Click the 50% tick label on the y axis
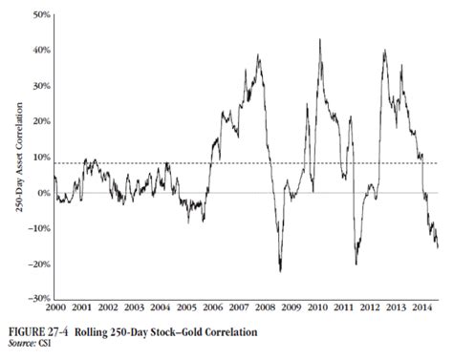click(x=41, y=15)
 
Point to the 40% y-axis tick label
click(x=41, y=51)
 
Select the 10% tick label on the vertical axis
click(x=41, y=157)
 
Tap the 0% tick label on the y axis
click(x=43, y=193)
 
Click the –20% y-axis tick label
click(x=39, y=264)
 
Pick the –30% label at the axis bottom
click(x=39, y=299)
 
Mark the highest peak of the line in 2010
click(x=318, y=39)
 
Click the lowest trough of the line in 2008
click(x=280, y=271)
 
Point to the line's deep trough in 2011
click(x=356, y=264)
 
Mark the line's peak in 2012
click(x=383, y=50)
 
